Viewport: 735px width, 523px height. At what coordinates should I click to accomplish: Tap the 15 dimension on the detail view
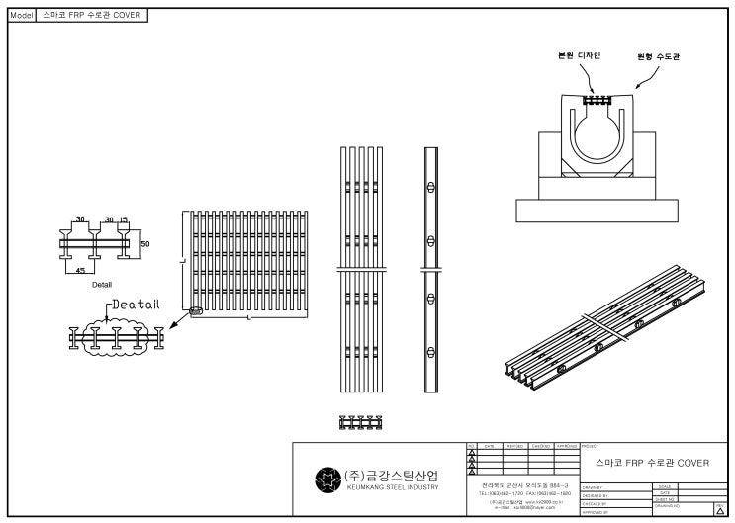(123, 219)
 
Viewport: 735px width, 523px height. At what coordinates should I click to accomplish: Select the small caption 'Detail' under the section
(101, 284)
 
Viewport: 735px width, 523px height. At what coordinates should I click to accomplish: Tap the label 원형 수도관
(658, 56)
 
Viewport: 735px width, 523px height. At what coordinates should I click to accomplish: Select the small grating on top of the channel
(596, 100)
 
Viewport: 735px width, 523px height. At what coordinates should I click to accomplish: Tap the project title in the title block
(652, 463)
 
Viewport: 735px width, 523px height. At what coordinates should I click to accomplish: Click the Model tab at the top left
(21, 17)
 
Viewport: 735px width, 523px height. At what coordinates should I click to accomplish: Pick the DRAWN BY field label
(595, 487)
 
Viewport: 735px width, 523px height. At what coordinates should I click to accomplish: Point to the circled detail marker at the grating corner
(194, 311)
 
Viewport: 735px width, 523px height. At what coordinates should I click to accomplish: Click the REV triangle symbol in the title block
(719, 511)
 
